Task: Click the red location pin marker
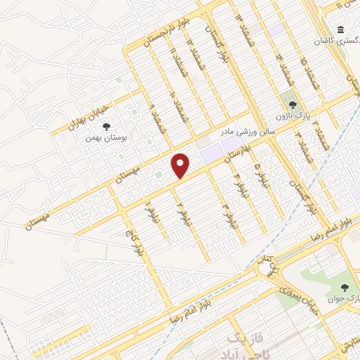(x=181, y=165)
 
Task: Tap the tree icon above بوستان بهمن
(x=106, y=127)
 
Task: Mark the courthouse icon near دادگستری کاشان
(x=341, y=30)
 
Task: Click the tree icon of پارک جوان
(x=345, y=288)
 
